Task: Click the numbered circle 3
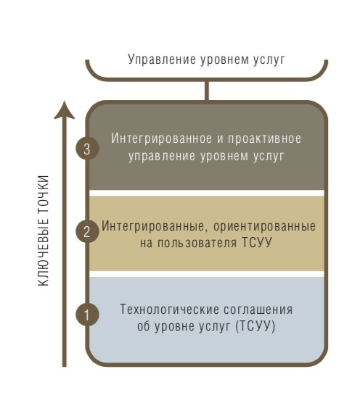point(87,149)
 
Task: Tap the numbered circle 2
point(87,231)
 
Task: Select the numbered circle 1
point(87,314)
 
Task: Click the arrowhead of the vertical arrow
point(65,110)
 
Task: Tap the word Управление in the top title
point(162,59)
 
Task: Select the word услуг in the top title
point(269,60)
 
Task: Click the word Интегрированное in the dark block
point(161,138)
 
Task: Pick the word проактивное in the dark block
point(264,139)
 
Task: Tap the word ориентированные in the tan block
point(264,227)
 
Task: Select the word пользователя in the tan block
point(197,243)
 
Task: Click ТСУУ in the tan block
point(256,242)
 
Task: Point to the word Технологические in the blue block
point(169,310)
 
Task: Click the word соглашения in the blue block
point(258,310)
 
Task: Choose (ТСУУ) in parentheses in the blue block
point(255,326)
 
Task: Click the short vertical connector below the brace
point(207,91)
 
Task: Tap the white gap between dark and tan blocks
point(207,193)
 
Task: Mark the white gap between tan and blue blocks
point(207,274)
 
